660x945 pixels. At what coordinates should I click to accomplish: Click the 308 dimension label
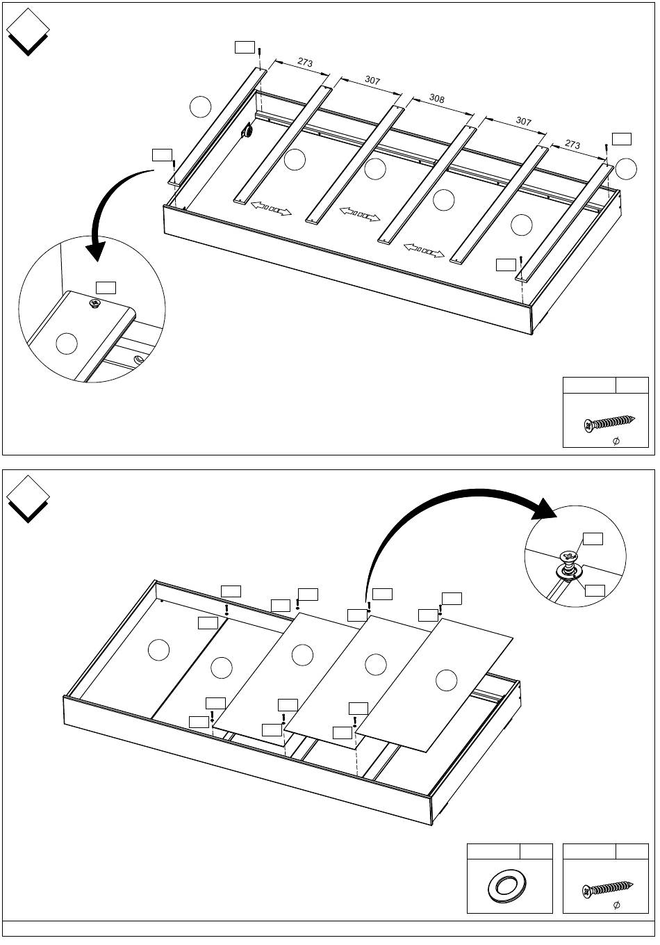tap(436, 99)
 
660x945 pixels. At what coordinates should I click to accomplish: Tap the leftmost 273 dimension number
tap(305, 63)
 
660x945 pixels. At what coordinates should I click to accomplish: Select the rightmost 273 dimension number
tap(572, 145)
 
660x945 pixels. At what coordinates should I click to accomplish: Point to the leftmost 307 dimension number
tap(372, 81)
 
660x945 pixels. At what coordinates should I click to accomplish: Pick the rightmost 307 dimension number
tap(523, 121)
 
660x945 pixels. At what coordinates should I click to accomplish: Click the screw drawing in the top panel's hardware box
tap(610, 423)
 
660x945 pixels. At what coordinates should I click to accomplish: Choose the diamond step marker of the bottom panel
tap(28, 496)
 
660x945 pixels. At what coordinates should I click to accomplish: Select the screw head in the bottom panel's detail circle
tap(569, 556)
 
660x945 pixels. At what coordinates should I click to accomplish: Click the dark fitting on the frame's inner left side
tap(247, 131)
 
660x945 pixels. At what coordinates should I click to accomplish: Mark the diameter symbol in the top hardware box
tap(616, 441)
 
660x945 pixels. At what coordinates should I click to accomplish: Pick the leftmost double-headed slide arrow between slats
tap(271, 209)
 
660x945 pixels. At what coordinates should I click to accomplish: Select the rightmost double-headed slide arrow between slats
tap(424, 250)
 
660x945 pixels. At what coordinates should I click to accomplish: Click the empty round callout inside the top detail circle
tap(67, 344)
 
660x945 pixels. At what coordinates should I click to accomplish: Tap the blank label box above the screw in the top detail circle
tap(106, 286)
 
